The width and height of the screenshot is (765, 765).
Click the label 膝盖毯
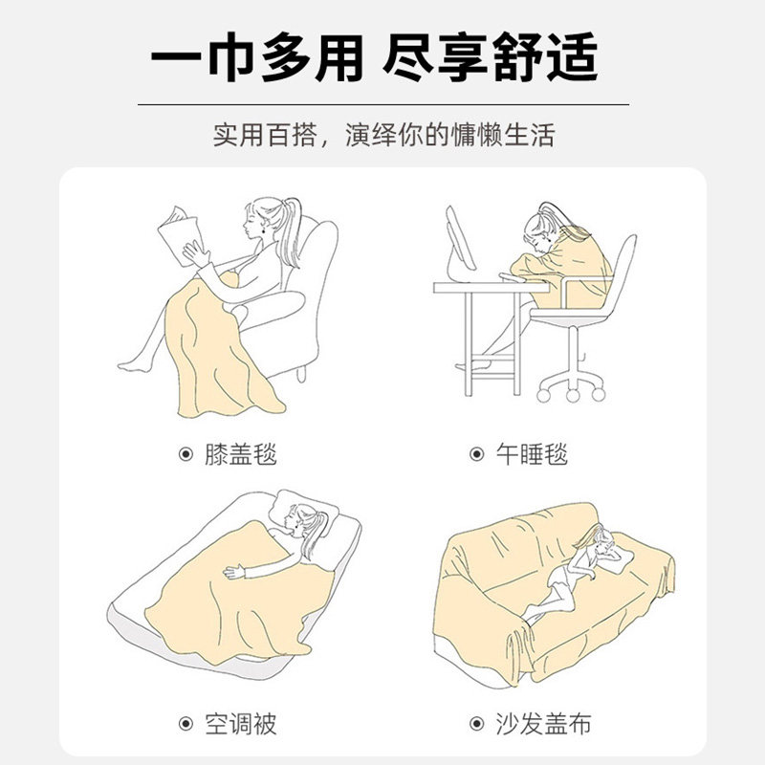[240, 454]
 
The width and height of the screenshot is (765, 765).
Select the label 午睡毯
[532, 454]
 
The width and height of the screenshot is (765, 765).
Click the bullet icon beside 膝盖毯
[186, 454]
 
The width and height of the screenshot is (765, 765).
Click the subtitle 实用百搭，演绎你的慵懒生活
[382, 134]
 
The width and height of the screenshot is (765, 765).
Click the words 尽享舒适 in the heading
[490, 60]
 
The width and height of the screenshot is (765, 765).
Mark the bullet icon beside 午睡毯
[476, 454]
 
